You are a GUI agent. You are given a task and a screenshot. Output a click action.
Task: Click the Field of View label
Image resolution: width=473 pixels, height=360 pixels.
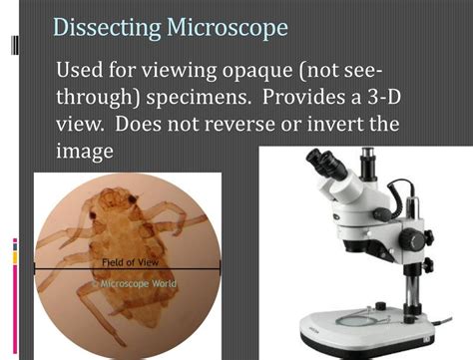point(126,262)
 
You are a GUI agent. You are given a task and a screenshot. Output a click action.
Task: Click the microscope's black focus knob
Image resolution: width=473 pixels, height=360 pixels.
point(416,239)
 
